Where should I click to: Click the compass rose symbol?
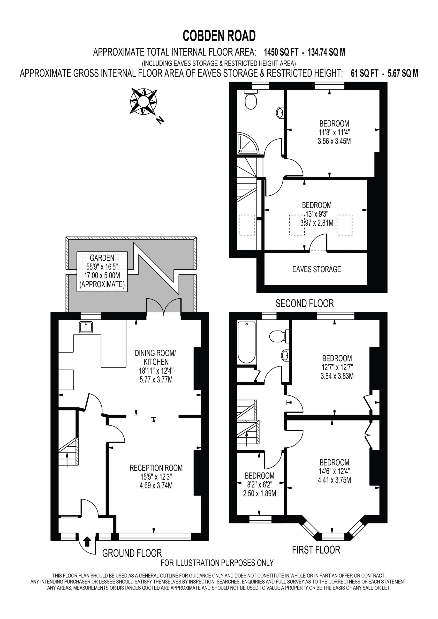143,101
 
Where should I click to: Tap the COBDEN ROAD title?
219,36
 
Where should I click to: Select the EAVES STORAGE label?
317,269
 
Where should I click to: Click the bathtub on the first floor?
246,342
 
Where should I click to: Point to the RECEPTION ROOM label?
156,476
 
